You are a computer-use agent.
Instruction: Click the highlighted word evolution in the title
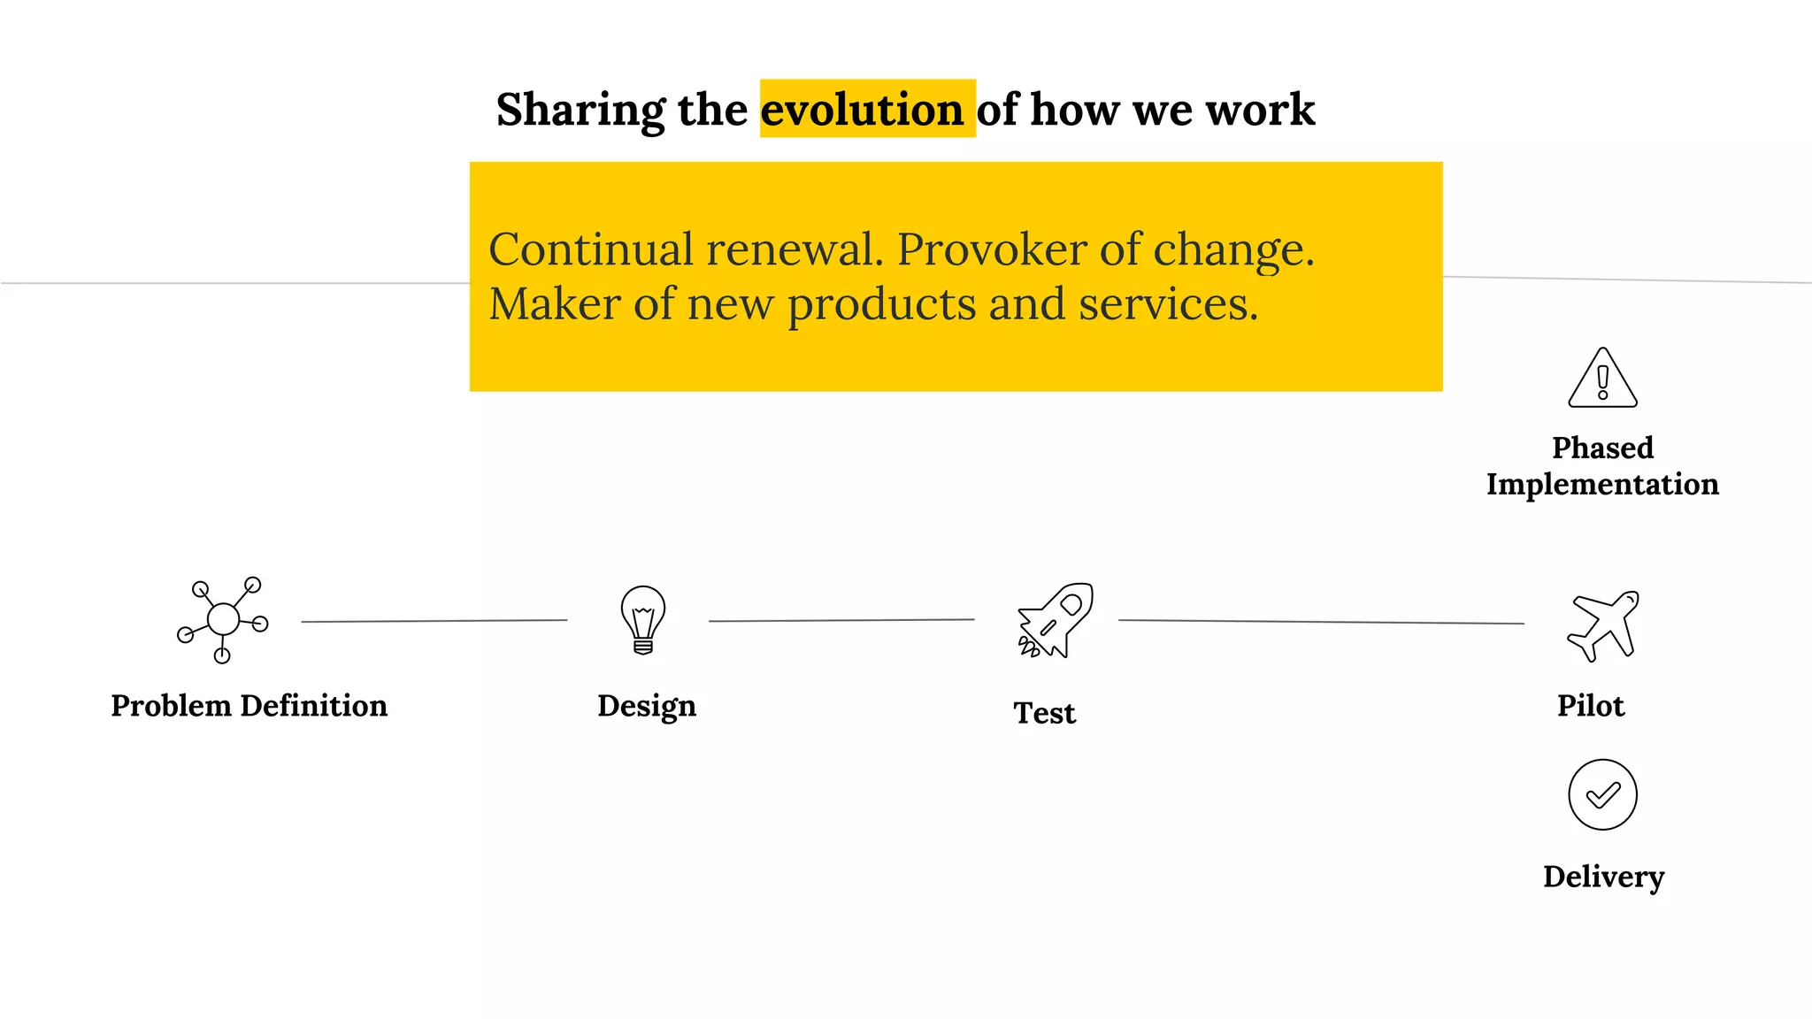pos(862,110)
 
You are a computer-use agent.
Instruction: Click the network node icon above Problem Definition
pos(222,619)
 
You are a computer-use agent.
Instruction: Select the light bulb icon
pos(643,619)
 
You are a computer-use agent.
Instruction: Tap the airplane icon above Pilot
pos(1603,625)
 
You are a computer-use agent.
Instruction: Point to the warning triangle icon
pos(1602,379)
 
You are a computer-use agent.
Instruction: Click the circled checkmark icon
pos(1602,794)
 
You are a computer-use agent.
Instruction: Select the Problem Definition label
pos(249,706)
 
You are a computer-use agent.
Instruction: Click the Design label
pos(647,707)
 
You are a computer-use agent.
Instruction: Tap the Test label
pos(1044,713)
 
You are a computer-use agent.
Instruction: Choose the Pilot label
pos(1591,706)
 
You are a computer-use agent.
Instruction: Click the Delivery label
pos(1603,877)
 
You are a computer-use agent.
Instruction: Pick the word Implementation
pos(1602,485)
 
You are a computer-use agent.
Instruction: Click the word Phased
pos(1602,448)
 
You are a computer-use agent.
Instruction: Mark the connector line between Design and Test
pos(841,620)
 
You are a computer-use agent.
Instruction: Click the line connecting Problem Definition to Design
pos(434,621)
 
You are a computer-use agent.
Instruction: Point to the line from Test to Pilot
pos(1321,622)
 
